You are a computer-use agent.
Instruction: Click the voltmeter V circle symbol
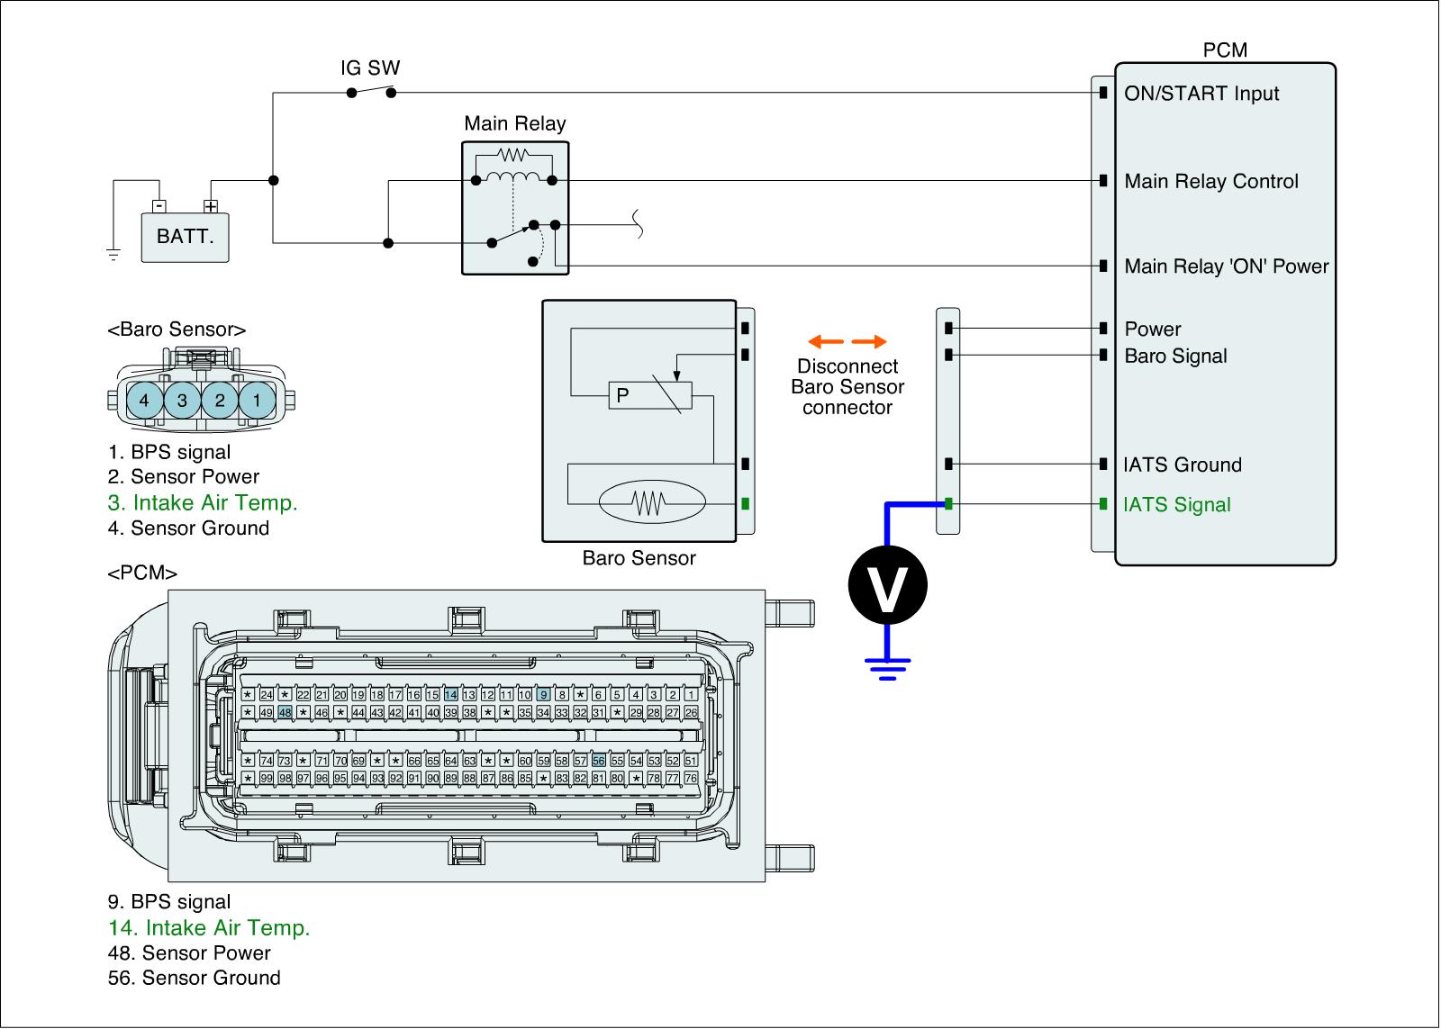(887, 585)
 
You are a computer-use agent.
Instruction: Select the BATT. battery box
(185, 238)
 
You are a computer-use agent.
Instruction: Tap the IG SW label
(369, 68)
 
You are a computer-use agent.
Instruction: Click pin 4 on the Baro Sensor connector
(144, 400)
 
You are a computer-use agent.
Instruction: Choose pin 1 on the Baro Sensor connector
(257, 400)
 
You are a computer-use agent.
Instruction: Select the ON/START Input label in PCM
(1201, 94)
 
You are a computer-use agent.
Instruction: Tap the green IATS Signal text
(1176, 505)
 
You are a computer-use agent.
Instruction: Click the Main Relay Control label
(1211, 182)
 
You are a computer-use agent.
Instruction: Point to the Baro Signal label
(1175, 357)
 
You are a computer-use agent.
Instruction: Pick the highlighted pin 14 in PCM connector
(451, 694)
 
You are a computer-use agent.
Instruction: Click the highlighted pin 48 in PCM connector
(285, 712)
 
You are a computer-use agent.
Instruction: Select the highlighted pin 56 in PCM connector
(598, 761)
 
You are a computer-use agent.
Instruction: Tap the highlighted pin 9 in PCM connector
(543, 694)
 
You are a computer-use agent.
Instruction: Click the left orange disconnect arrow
(825, 342)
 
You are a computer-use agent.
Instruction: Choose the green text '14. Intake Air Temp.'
(209, 928)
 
